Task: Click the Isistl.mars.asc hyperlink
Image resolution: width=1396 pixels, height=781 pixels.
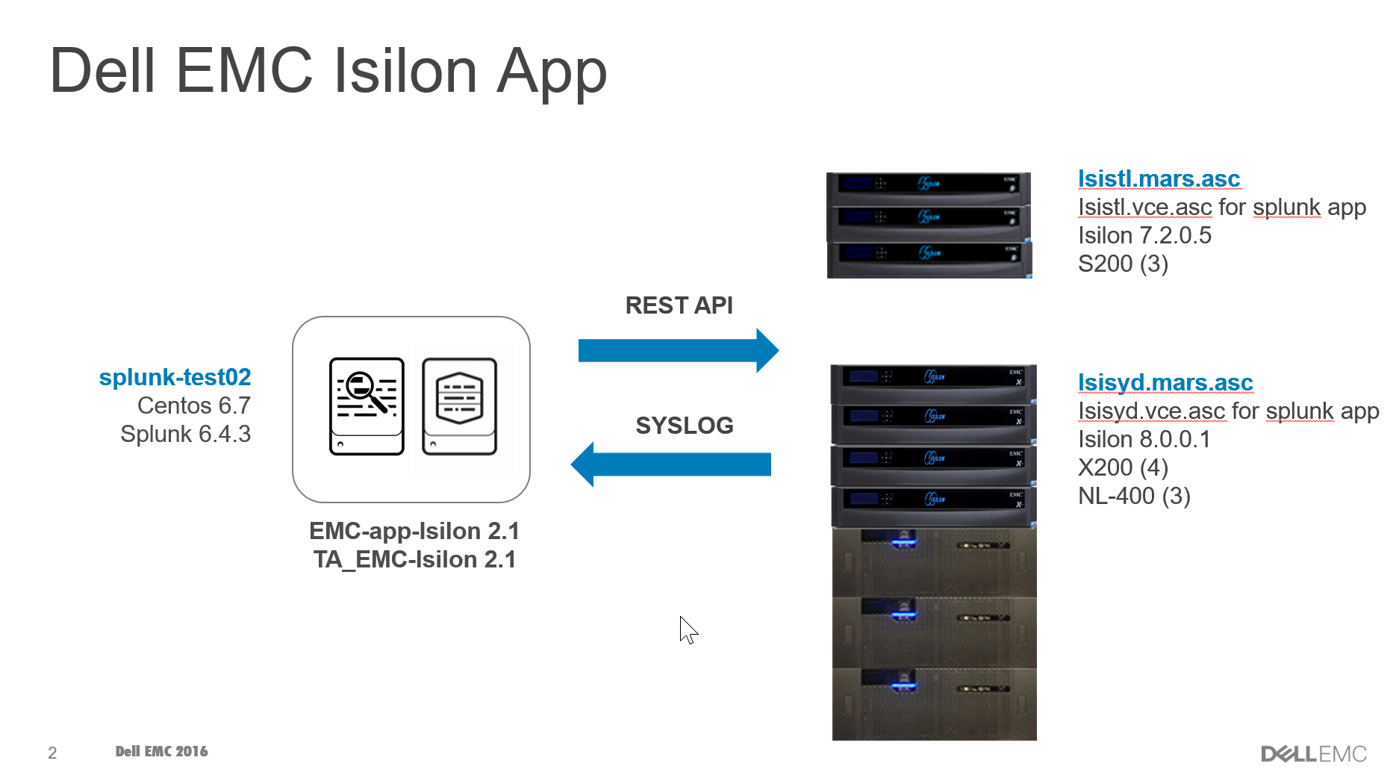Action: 1158,179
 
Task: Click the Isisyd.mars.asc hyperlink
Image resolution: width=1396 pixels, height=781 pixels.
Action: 1165,383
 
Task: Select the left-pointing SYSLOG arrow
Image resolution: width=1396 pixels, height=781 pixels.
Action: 671,464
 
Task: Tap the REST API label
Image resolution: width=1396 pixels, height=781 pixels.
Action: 679,305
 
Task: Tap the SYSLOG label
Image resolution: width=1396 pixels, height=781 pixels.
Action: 684,426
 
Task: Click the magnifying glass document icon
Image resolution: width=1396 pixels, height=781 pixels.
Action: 367,406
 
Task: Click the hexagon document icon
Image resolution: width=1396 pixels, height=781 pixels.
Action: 459,406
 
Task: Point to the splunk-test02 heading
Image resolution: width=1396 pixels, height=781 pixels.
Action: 175,377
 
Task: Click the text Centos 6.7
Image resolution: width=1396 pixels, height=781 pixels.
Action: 193,405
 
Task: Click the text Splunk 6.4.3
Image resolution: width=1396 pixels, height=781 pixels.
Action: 185,434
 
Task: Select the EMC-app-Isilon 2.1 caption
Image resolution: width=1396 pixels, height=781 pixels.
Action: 414,531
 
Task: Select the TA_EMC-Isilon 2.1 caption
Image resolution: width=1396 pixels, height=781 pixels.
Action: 414,559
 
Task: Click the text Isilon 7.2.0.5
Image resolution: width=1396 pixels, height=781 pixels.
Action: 1144,236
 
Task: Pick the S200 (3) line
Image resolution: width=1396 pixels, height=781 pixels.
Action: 1122,264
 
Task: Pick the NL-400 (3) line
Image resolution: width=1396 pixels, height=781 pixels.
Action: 1133,497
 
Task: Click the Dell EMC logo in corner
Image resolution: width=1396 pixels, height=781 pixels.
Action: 1313,753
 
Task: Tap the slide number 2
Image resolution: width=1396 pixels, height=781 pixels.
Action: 52,753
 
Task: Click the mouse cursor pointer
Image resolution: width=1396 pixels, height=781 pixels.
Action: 688,629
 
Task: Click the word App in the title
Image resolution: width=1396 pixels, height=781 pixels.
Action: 552,72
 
